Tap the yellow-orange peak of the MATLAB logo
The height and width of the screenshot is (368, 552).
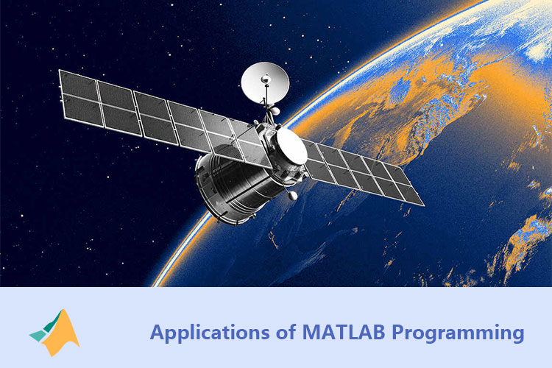tap(67, 324)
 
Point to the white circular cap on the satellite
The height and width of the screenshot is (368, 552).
tap(291, 147)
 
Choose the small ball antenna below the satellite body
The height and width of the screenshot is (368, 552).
tap(292, 197)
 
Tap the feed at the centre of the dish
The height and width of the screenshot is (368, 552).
tap(264, 77)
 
